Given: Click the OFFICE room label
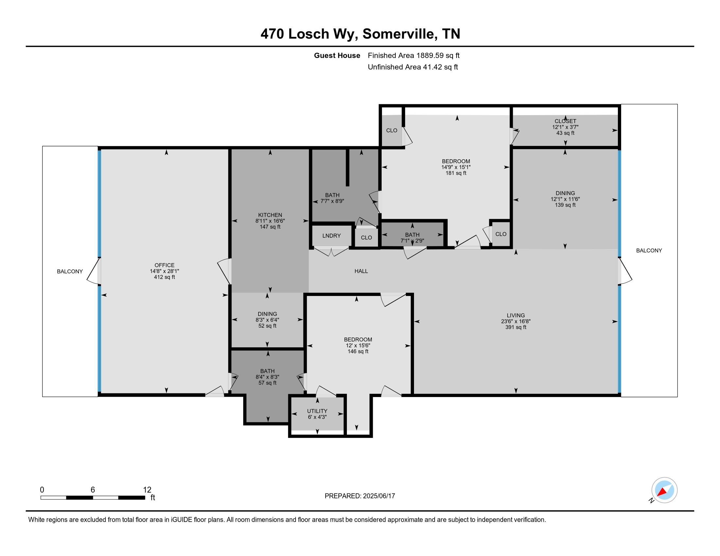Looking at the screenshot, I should (164, 265).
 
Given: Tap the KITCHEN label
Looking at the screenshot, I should (270, 215).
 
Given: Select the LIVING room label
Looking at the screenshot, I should (515, 315).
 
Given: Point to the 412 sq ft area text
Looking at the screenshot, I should (164, 277).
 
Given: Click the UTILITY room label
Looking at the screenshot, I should (317, 411).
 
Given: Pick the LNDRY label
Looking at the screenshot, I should (331, 236).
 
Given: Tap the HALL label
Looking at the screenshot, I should (361, 271).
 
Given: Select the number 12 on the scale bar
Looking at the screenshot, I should (147, 490).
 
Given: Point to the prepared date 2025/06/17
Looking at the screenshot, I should (378, 496).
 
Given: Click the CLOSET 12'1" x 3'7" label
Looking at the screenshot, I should (565, 127).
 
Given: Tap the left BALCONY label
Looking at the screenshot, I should (70, 271).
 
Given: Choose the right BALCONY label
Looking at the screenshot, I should (649, 251).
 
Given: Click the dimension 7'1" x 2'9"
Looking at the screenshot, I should (412, 241).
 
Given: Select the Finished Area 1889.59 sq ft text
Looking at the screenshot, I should (413, 55).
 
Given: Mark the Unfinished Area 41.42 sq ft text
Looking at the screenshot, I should (413, 67).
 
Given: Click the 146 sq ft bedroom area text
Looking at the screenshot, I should (358, 352).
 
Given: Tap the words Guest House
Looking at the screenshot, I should (336, 55).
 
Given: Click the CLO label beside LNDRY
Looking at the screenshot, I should (366, 237).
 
